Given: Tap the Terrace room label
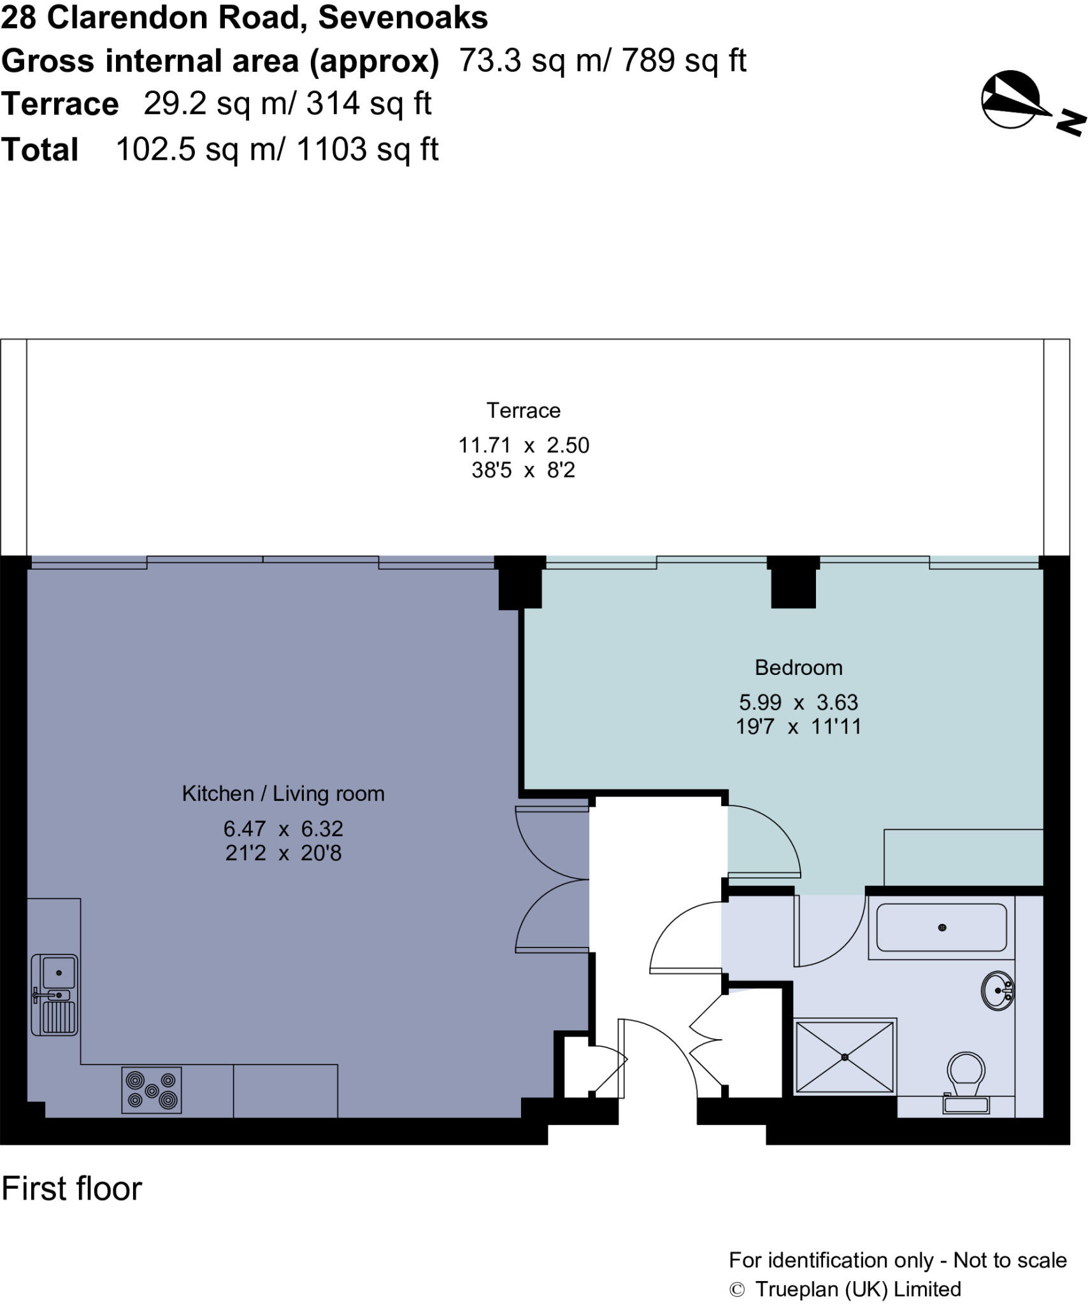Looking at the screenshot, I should coord(523,411).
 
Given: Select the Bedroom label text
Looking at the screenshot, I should coord(798,667).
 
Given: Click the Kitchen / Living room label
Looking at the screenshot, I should coord(283,793).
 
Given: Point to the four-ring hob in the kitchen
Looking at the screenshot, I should coord(152,1090).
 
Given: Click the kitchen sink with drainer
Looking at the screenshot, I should coord(55,995).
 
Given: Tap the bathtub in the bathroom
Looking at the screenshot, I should coord(941,928).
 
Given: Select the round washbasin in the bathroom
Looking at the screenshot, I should coord(997,990).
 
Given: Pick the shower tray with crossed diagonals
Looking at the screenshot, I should coord(845,1057).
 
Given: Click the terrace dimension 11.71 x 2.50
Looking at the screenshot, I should coord(524,445).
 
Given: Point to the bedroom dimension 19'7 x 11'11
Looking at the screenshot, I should coord(798,726).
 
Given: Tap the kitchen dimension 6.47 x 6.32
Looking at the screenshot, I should coord(283,828).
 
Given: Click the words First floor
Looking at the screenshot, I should coord(71,1189).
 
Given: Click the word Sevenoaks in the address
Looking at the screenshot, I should coord(403,17).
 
